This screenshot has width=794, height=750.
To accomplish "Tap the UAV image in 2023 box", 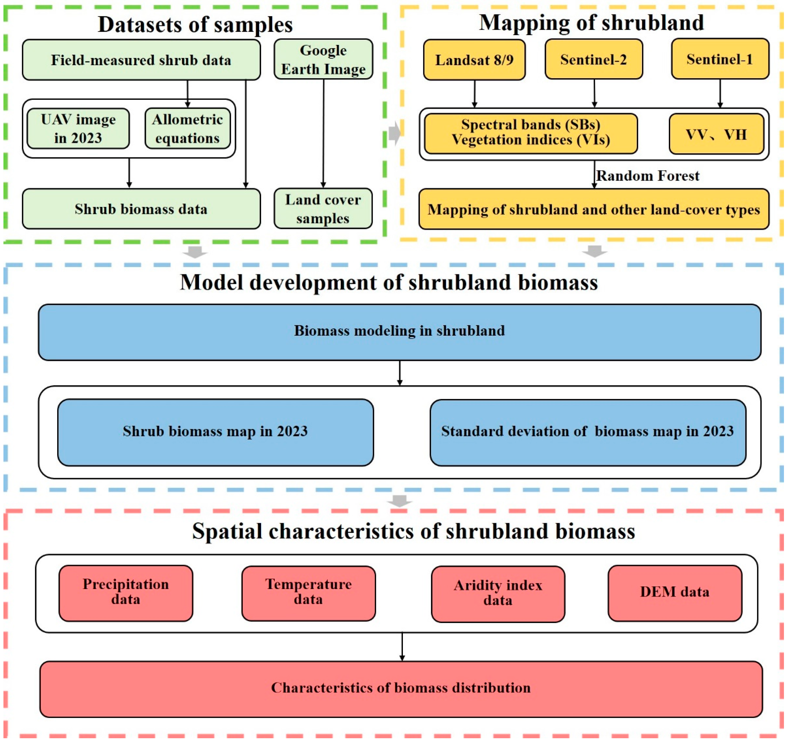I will pos(78,129).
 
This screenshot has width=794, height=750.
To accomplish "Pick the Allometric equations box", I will pos(187,129).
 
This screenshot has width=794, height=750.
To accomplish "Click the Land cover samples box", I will pos(323,209).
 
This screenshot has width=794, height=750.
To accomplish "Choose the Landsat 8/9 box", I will pos(475,60).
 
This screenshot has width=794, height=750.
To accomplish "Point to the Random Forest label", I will pos(648,176).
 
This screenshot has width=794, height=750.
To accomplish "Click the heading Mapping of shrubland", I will pos(592,23).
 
